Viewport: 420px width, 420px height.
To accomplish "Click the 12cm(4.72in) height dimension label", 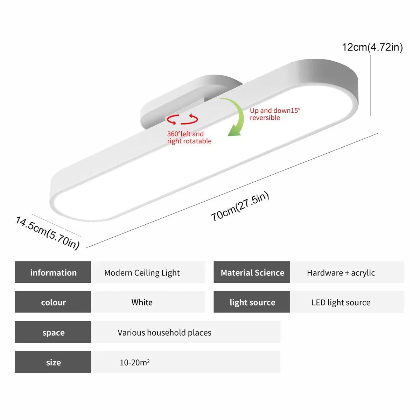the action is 372,47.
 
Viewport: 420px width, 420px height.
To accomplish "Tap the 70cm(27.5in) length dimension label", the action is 240,206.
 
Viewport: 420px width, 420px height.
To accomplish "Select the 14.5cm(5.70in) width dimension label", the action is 48,233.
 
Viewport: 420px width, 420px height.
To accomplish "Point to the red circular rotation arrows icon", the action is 182,119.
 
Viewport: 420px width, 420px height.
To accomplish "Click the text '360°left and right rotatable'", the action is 189,137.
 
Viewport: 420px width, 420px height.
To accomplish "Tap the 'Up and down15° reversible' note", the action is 275,114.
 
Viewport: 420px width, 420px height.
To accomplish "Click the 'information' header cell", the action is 53,272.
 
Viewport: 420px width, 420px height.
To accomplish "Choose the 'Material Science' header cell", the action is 252,272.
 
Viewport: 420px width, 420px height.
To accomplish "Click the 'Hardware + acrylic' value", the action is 341,273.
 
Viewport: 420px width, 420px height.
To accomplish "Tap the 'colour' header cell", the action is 53,302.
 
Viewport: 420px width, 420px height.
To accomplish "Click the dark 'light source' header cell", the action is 252,302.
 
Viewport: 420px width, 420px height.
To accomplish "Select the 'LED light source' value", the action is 341,302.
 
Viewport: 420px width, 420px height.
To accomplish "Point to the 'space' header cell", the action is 53,332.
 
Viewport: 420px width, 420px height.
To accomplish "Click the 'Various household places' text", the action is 164,332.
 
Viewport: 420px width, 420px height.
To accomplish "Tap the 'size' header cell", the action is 53,362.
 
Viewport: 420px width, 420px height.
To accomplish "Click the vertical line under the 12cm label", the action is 370,85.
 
